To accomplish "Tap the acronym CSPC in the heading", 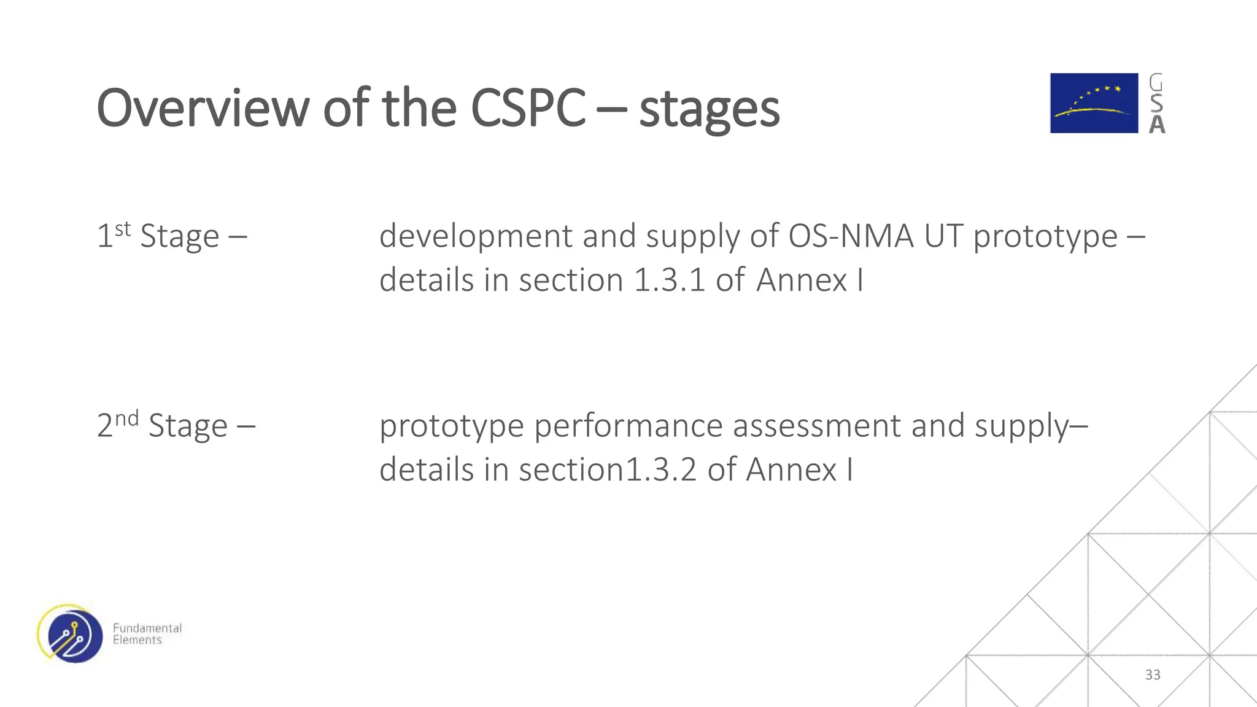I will coord(528,108).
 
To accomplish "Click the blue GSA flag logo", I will coord(1094,103).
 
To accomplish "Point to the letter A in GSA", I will coord(1157,125).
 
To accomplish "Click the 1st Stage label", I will coord(172,236).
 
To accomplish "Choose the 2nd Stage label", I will coord(176,426).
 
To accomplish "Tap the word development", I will coord(476,237).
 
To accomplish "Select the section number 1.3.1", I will coord(669,280).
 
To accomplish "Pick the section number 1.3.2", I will coord(660,470).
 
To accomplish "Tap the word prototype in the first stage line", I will coord(1045,237).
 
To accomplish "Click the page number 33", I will coord(1153,675).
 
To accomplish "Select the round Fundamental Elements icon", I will coord(71,634).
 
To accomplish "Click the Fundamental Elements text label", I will coord(147,634).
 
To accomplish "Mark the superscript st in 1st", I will coord(123,230).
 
